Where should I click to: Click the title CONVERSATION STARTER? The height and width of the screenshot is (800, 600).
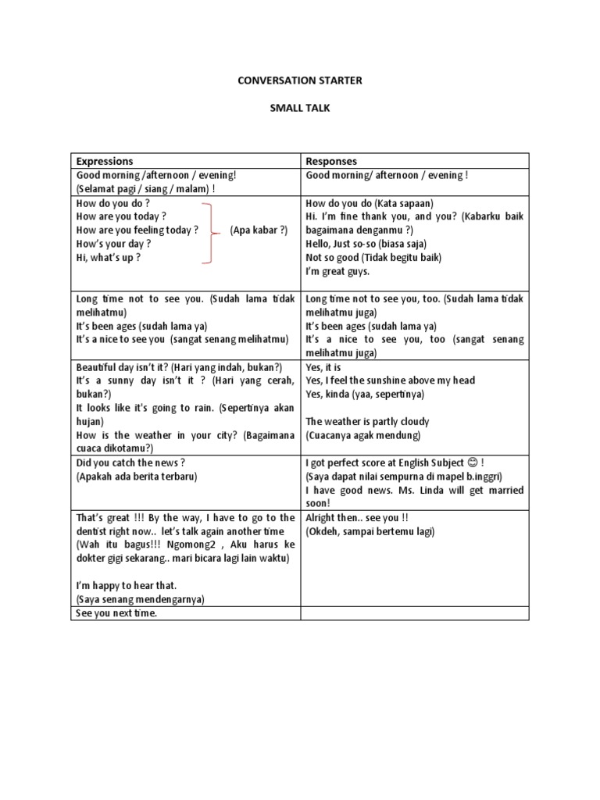[x=300, y=80]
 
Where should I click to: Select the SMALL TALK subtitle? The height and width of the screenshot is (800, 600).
[x=300, y=109]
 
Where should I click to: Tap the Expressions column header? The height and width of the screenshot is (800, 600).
[x=105, y=161]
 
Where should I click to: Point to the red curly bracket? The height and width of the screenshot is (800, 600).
[x=209, y=231]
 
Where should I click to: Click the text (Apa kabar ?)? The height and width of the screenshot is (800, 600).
[x=259, y=230]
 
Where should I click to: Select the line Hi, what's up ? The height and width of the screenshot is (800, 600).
[x=109, y=258]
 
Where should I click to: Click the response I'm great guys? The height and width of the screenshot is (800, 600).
[x=337, y=272]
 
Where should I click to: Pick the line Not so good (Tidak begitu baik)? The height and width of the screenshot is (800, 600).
[x=372, y=258]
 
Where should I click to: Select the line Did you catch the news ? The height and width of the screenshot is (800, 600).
[x=130, y=462]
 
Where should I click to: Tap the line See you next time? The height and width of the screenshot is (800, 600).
[x=116, y=614]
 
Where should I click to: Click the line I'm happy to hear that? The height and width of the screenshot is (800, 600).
[x=127, y=585]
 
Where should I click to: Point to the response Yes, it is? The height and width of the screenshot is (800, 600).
[x=323, y=366]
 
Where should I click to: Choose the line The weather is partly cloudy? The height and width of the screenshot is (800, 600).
[x=368, y=422]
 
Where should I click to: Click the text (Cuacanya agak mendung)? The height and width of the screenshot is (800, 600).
[x=363, y=435]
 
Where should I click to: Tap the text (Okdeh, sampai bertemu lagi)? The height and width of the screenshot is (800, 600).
[x=370, y=531]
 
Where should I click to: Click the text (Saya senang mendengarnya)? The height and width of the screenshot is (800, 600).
[x=140, y=599]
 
